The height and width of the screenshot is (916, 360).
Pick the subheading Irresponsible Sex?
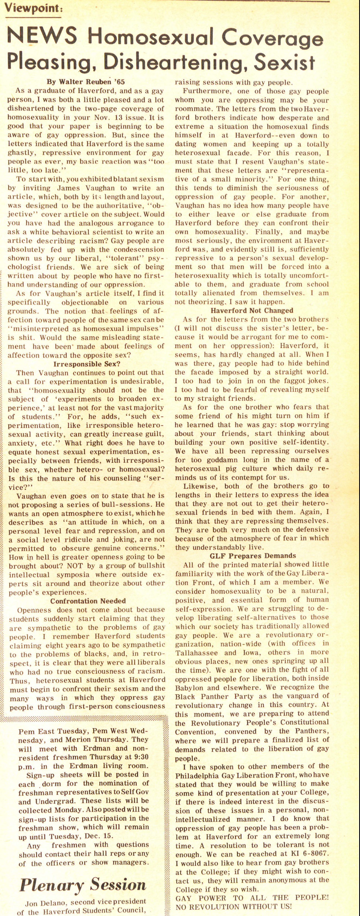(x=87, y=364)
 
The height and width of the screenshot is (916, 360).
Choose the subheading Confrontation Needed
(x=88, y=601)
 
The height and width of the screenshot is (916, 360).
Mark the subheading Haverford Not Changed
(x=252, y=310)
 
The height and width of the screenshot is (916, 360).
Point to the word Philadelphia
(x=202, y=775)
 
